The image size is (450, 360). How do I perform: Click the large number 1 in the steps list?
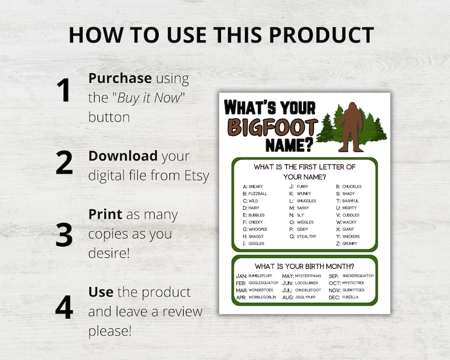point(63,91)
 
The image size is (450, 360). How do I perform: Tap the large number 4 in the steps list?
point(64,307)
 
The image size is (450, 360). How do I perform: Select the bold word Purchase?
point(120,78)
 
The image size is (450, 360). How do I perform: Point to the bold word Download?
point(123,156)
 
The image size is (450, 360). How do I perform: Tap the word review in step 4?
point(183,311)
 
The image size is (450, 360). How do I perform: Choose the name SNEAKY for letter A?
point(256,187)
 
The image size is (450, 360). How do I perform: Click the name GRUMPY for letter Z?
point(350,243)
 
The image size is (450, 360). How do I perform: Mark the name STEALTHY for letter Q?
point(307,236)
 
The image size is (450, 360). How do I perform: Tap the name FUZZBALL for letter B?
point(257,193)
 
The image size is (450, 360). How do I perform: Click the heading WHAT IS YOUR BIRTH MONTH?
point(304,266)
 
